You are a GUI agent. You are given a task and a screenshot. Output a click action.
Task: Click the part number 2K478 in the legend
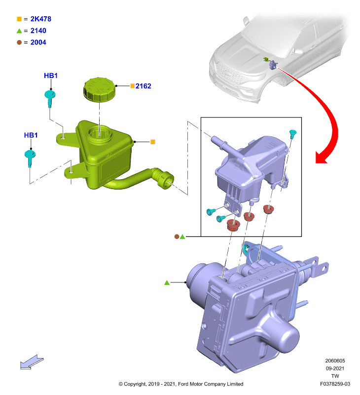(41, 19)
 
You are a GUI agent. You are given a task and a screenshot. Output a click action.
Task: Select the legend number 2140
(38, 31)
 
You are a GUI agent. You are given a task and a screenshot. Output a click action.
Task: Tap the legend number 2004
(38, 42)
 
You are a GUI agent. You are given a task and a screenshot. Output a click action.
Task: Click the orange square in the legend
(19, 19)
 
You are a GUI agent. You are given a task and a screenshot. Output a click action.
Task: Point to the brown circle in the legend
(19, 42)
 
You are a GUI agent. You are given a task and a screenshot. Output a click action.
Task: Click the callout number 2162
(143, 86)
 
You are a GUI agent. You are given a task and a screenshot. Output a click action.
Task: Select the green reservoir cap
(99, 89)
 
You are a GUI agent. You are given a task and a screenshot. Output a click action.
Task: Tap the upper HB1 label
(51, 76)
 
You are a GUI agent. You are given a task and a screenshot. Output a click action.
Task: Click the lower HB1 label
(31, 135)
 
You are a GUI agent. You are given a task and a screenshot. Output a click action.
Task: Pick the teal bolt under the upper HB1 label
(50, 98)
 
